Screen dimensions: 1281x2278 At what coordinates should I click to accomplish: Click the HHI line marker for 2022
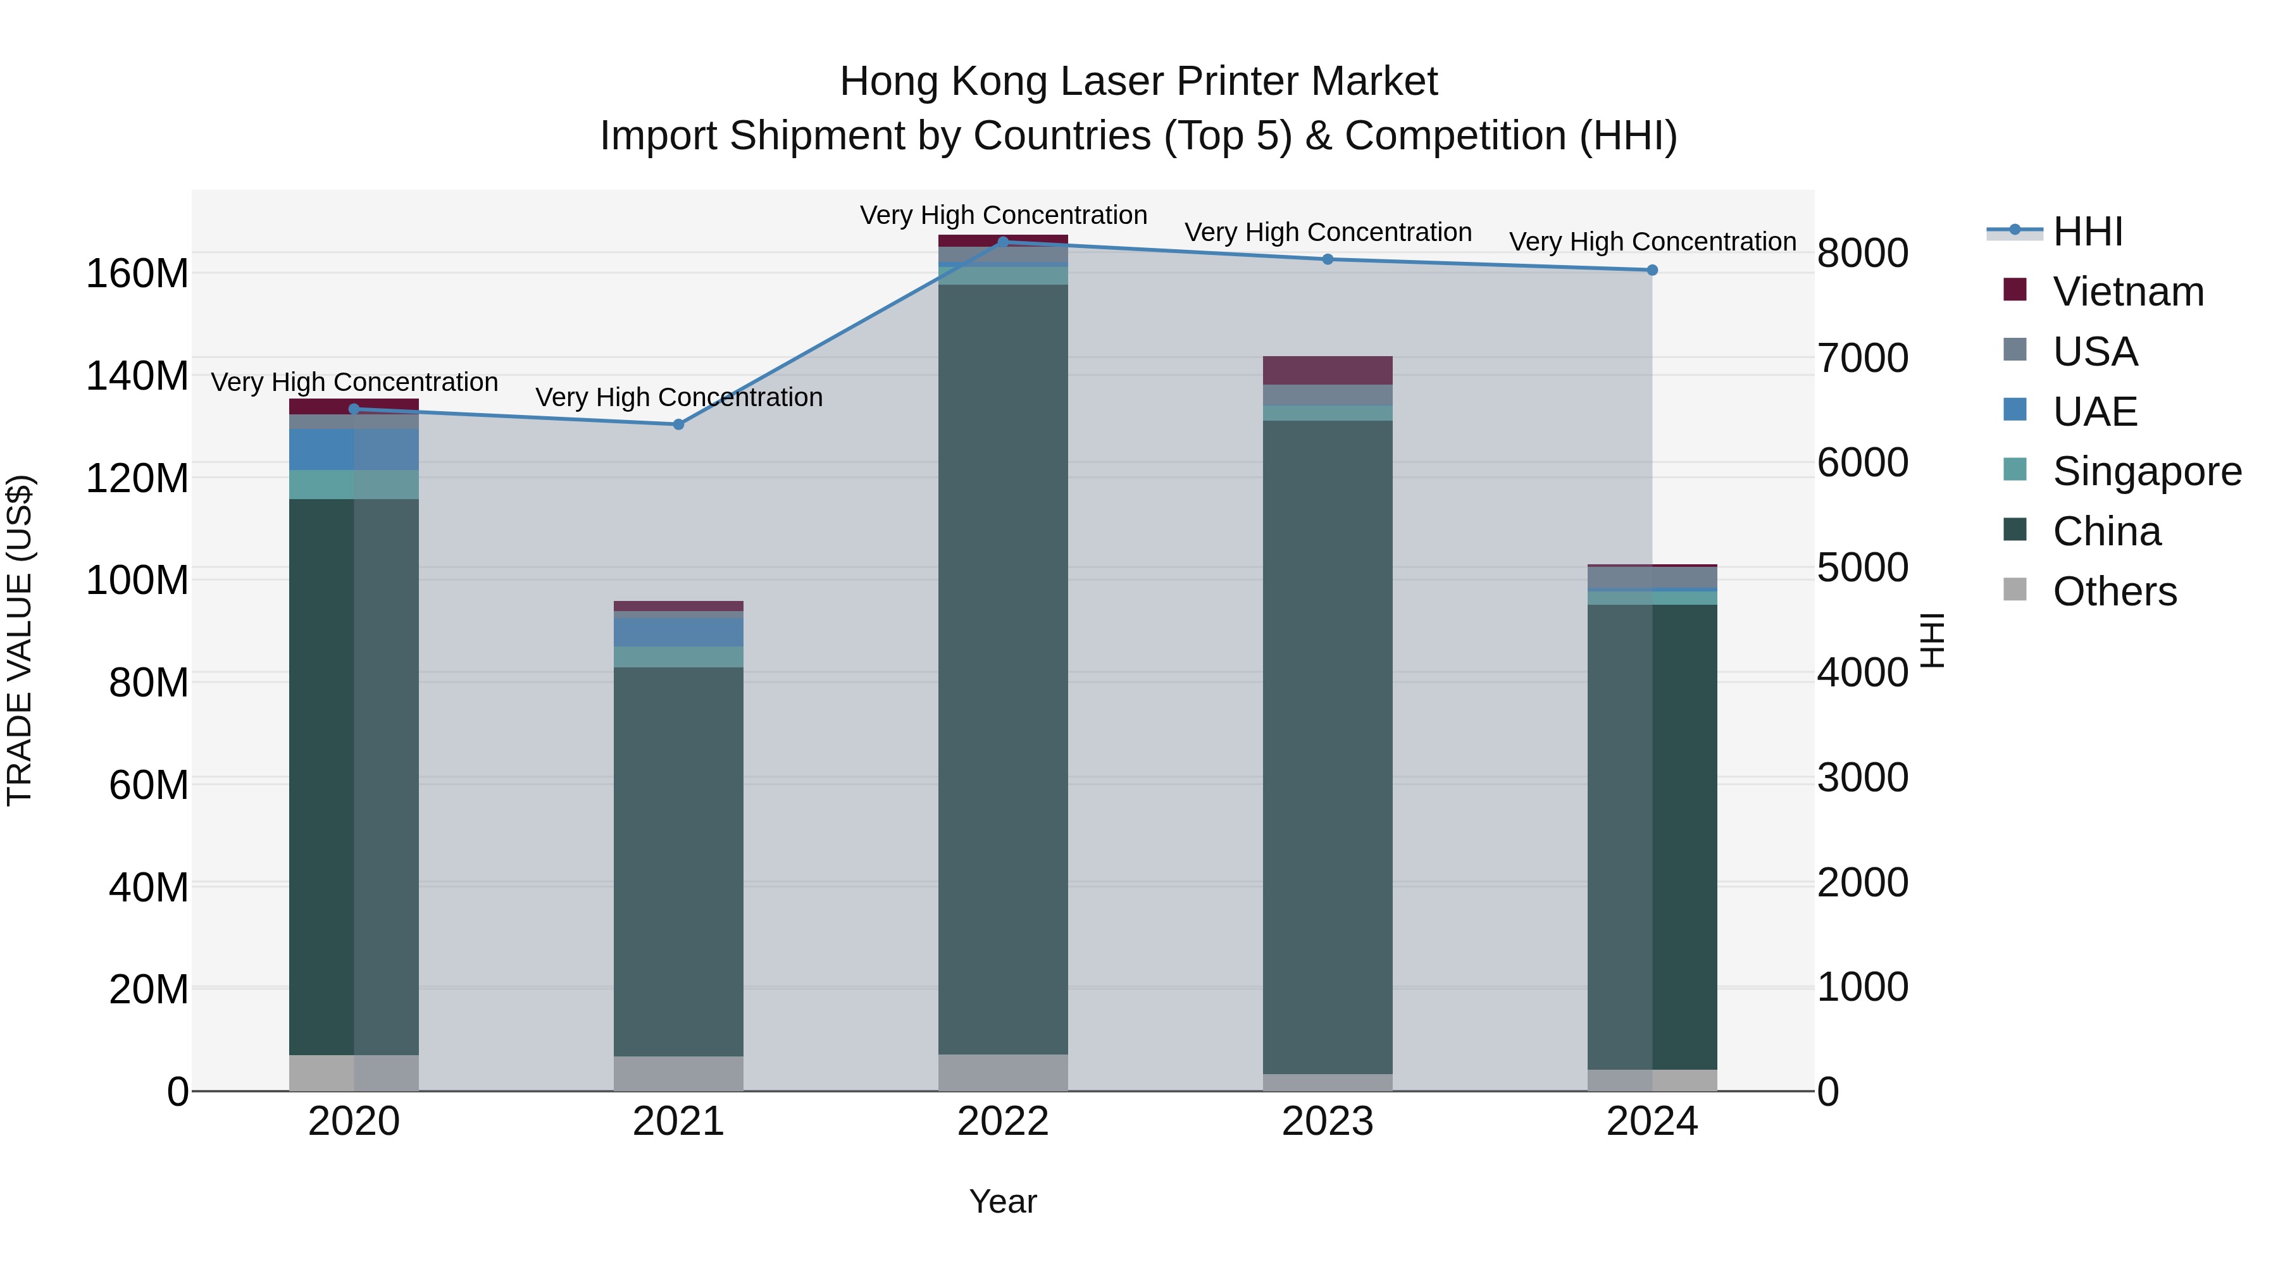[1003, 242]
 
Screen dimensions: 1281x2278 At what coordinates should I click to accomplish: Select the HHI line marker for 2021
[678, 424]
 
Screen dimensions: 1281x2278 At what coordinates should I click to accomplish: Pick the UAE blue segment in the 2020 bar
[354, 449]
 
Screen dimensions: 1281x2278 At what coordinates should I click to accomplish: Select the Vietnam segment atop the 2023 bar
[1328, 371]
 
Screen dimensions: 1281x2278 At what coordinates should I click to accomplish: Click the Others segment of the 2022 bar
[1003, 1072]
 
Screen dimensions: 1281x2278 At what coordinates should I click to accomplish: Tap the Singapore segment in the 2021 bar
[678, 657]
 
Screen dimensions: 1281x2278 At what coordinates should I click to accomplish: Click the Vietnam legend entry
[2127, 292]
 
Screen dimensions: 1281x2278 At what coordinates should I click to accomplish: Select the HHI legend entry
[2087, 232]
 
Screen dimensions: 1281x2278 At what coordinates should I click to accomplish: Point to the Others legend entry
[2113, 591]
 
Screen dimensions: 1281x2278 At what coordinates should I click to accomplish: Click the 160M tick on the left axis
[137, 274]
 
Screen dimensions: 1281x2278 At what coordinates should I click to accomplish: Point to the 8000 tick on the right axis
[1862, 254]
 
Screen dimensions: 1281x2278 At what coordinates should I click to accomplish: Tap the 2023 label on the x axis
[1328, 1122]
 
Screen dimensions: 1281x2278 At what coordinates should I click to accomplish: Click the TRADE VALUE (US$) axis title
[20, 640]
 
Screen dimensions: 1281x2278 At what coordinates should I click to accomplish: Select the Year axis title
[1003, 1201]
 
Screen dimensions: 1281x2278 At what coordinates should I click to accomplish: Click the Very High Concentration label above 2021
[678, 398]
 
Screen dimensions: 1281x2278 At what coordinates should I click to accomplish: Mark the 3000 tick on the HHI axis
[1862, 778]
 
